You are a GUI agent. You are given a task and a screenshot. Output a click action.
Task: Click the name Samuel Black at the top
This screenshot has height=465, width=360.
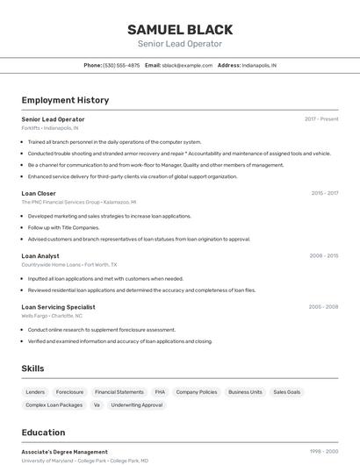(179, 29)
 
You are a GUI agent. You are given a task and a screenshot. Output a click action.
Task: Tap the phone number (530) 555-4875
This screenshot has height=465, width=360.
(121, 65)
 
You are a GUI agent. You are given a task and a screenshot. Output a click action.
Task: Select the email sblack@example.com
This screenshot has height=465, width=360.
(187, 65)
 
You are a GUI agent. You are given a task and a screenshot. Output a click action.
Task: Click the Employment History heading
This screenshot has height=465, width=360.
(65, 100)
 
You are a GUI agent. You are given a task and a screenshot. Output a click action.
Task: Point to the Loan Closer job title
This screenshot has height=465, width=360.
(39, 193)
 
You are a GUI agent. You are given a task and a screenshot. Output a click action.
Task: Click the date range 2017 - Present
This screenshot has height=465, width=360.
(321, 118)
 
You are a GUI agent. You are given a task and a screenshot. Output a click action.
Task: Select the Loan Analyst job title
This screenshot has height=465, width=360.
(40, 256)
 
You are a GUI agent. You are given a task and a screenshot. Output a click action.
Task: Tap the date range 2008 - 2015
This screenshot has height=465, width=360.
(323, 256)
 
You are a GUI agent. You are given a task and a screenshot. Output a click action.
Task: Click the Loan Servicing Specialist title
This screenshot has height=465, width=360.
(58, 307)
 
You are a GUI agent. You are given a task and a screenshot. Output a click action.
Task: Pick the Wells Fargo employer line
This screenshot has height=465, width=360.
(52, 315)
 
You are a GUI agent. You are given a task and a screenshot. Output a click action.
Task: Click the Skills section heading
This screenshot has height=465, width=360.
(32, 369)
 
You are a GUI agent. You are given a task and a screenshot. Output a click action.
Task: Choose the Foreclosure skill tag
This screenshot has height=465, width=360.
(69, 392)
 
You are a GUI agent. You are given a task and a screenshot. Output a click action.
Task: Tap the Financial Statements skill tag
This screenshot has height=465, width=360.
(119, 392)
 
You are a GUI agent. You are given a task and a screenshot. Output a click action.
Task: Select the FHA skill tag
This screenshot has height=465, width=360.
(160, 392)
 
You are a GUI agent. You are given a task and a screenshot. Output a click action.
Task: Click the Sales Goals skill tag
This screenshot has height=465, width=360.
(286, 392)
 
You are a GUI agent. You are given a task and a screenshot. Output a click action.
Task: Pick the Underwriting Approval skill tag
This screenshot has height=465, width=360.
(137, 405)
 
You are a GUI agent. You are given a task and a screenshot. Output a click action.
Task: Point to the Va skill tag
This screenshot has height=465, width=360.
(97, 405)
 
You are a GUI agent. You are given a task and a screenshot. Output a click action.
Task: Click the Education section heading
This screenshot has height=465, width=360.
(43, 433)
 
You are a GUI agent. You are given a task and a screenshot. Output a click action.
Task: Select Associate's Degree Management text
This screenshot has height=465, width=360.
(64, 452)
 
